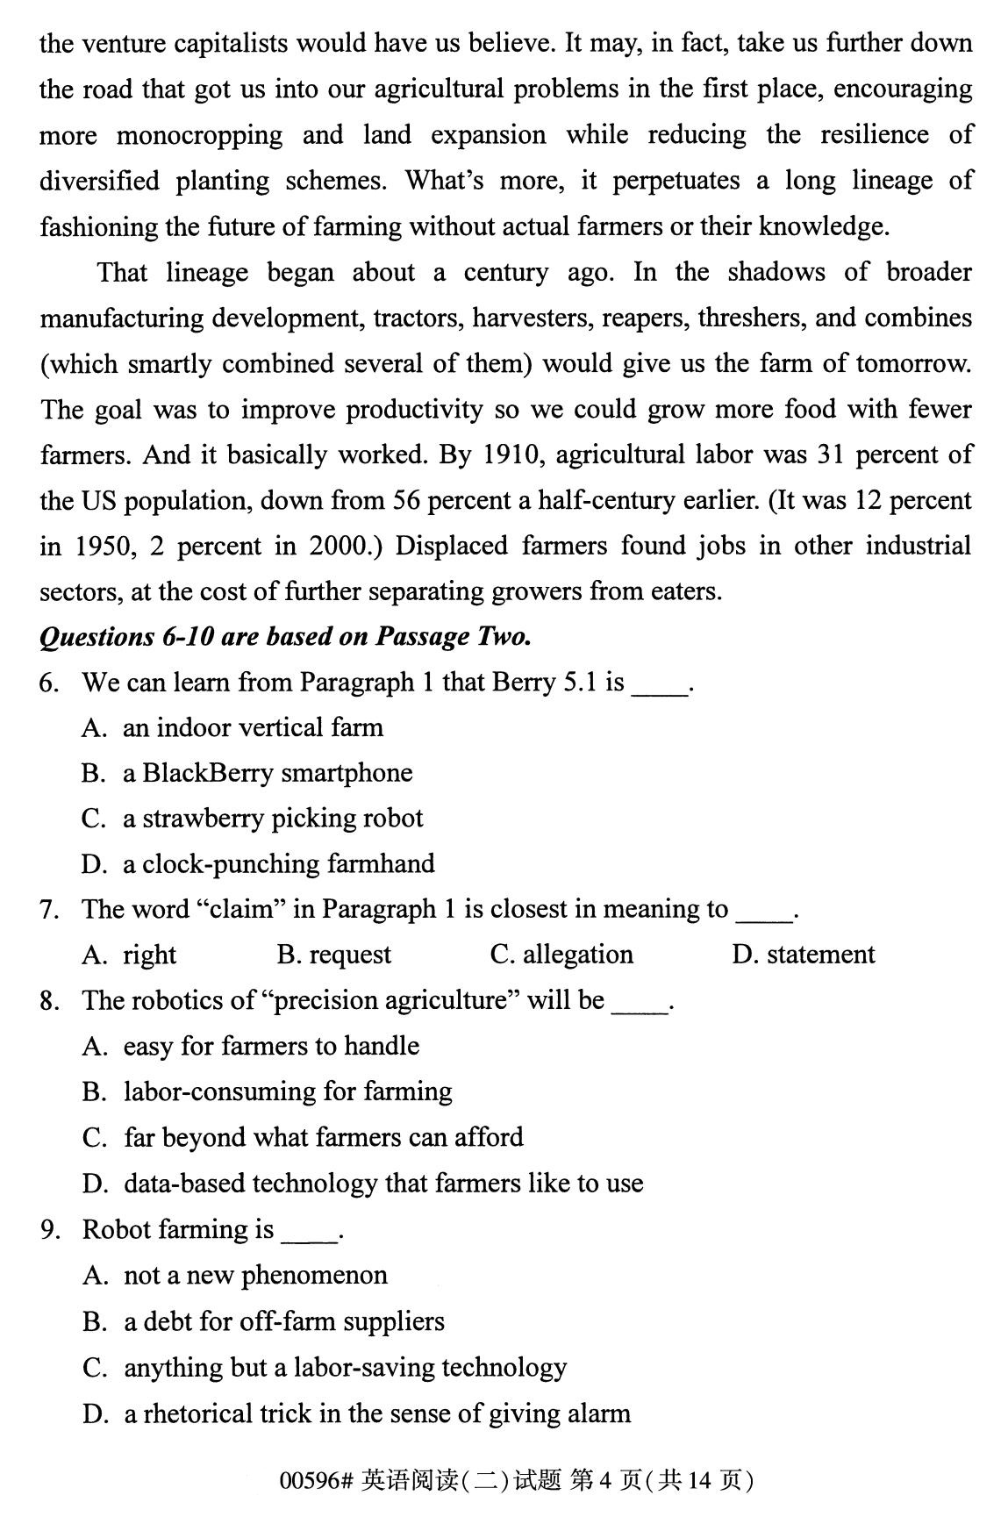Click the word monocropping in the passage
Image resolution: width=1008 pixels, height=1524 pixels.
(199, 136)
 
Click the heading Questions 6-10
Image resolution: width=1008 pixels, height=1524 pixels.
(285, 636)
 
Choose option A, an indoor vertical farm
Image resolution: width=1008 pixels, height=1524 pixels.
(253, 727)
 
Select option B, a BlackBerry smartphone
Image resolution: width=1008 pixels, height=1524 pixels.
(268, 773)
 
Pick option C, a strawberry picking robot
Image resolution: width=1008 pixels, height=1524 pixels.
(273, 819)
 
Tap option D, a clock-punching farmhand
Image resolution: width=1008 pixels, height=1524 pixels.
(279, 864)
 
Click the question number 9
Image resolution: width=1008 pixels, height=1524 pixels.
(50, 1230)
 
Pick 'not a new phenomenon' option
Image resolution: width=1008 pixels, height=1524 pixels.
(255, 1276)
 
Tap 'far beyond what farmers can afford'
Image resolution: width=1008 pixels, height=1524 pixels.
(324, 1138)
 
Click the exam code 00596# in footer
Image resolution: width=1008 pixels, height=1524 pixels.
(316, 1481)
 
